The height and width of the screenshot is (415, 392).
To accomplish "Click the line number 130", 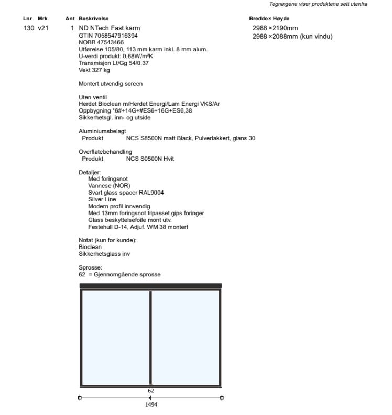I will [x=29, y=27].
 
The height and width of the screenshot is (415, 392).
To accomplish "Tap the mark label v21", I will [x=43, y=27].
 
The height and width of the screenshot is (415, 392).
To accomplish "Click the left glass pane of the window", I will [x=115, y=338].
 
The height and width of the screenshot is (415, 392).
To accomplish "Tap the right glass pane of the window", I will [x=186, y=338].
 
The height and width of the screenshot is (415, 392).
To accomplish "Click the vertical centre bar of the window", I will [x=150, y=338].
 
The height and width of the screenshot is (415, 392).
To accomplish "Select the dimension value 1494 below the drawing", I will [x=151, y=404].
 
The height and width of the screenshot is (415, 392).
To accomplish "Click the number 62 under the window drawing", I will [x=151, y=390].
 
